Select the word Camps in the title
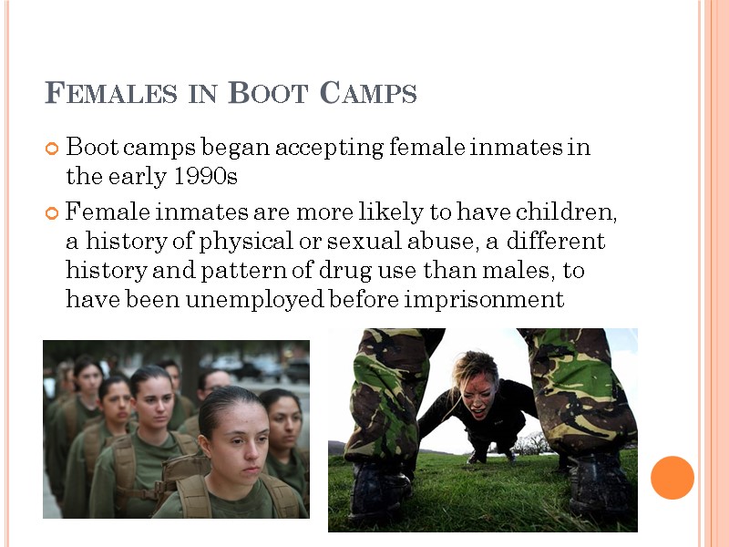click(x=368, y=93)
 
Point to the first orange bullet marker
click(x=52, y=148)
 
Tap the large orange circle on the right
click(x=673, y=477)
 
